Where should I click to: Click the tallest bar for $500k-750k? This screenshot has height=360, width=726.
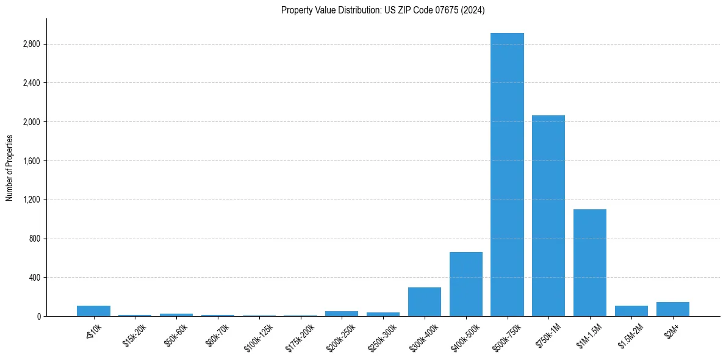(x=507, y=175)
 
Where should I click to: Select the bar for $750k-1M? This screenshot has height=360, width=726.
(x=548, y=215)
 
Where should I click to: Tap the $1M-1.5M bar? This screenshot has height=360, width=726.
(x=590, y=262)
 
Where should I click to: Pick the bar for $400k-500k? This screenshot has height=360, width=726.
(x=466, y=284)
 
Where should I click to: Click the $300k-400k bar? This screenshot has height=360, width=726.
(x=425, y=301)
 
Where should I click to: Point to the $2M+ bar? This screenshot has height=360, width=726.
(x=673, y=309)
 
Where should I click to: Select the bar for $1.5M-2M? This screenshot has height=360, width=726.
(x=631, y=311)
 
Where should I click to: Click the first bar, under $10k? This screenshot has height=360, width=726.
(x=93, y=311)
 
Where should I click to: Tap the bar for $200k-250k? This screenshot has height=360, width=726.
(x=342, y=314)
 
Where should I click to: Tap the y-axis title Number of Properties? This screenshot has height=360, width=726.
(x=9, y=167)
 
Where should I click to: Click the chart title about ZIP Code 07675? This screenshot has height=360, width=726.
(x=383, y=10)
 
